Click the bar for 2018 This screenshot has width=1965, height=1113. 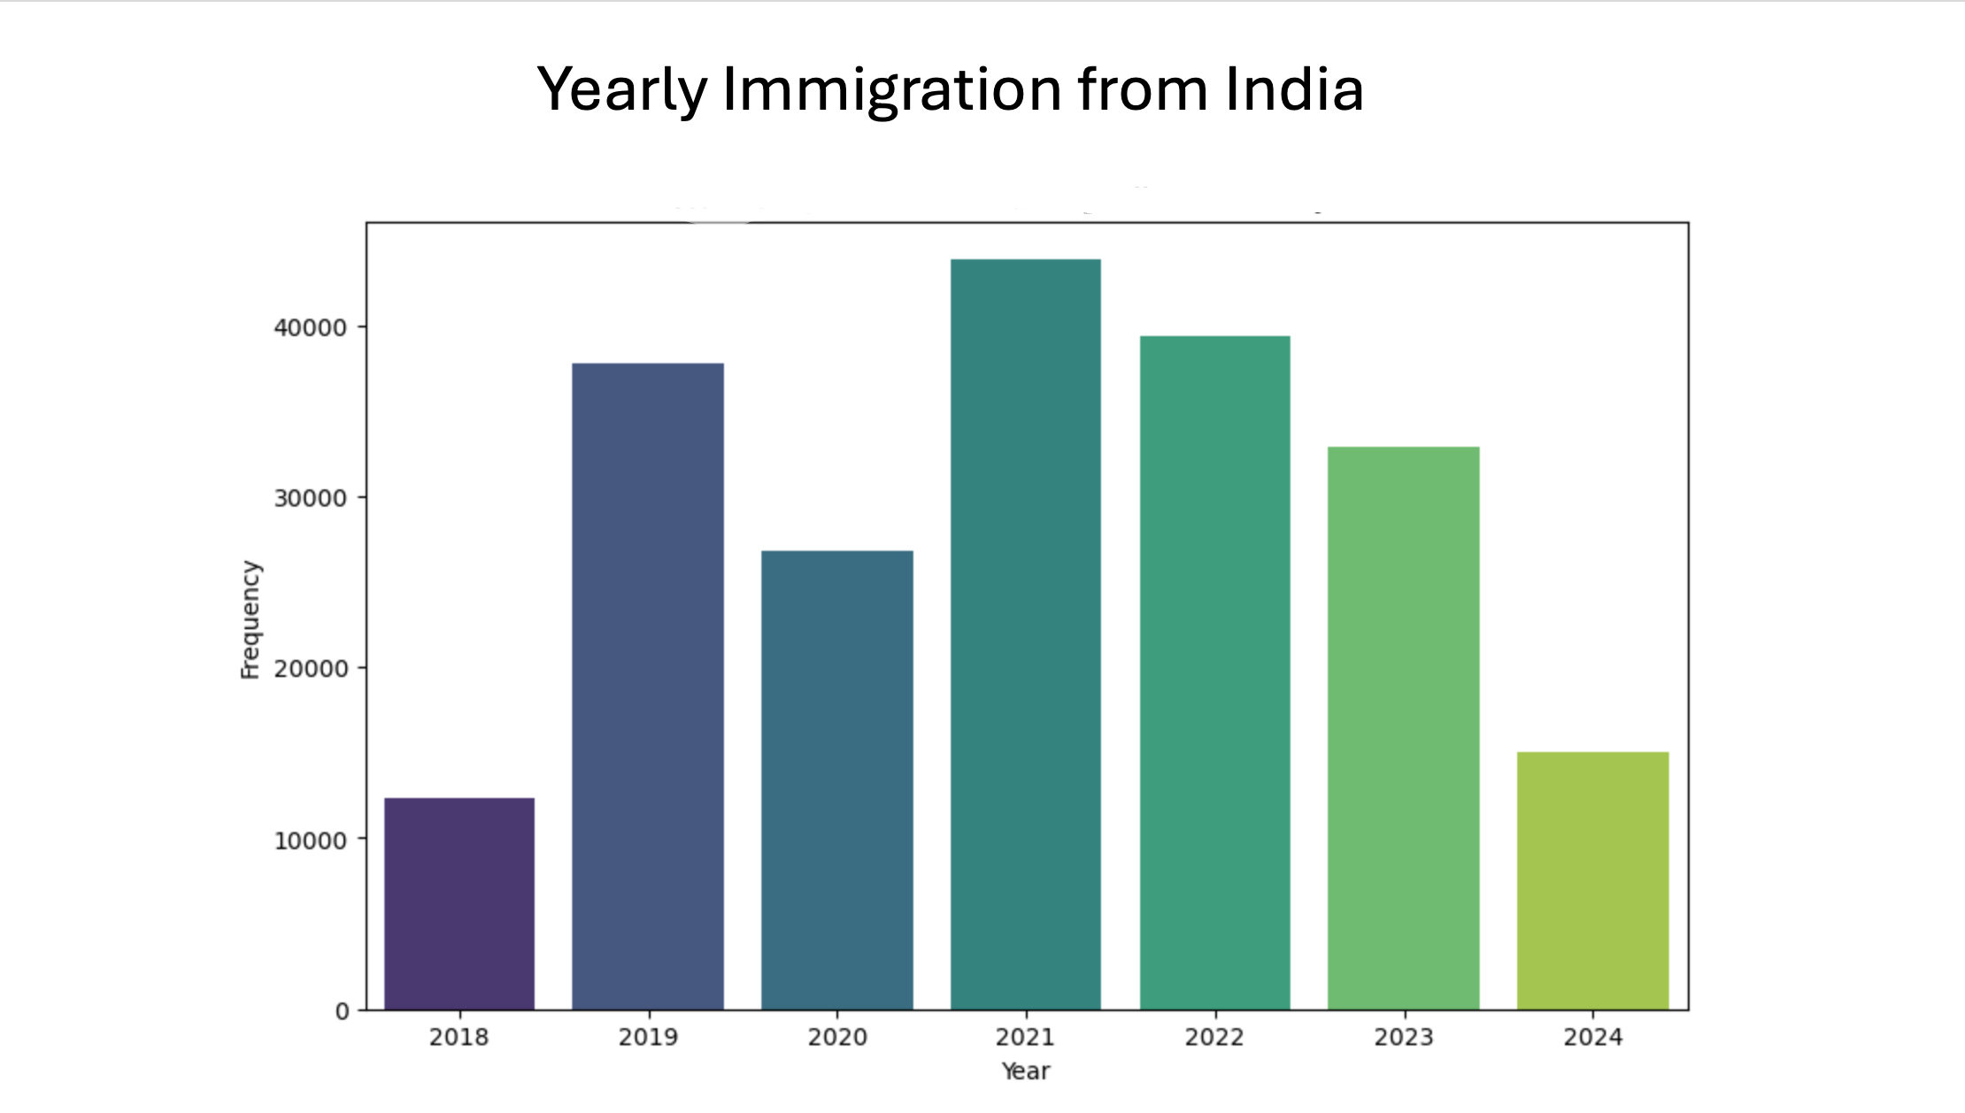click(x=459, y=903)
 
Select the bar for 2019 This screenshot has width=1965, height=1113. click(x=648, y=686)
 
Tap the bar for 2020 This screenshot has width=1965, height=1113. click(x=837, y=779)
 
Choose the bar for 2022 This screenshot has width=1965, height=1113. click(x=1214, y=672)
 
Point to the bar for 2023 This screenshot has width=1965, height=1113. click(x=1404, y=727)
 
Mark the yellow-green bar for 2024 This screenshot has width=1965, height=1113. click(x=1593, y=880)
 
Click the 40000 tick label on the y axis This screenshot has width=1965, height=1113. click(x=310, y=328)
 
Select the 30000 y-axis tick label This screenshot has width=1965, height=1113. click(x=310, y=499)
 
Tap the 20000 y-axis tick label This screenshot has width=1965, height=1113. click(x=310, y=670)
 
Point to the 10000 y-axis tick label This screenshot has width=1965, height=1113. click(x=310, y=841)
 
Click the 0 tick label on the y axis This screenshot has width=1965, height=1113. click(x=343, y=1011)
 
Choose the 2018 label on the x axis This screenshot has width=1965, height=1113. click(x=459, y=1037)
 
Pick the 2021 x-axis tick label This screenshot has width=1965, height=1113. click(x=1026, y=1037)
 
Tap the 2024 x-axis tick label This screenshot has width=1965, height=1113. click(x=1593, y=1037)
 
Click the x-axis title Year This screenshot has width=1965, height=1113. click(x=1026, y=1071)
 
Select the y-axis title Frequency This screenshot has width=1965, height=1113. click(x=250, y=619)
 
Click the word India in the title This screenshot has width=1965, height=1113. click(x=1294, y=89)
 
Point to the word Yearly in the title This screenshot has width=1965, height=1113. click(x=622, y=91)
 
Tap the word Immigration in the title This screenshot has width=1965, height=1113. click(x=892, y=91)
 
